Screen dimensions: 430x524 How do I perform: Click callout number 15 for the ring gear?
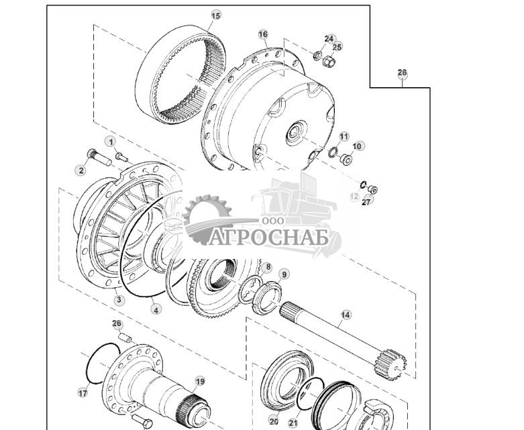click(215, 15)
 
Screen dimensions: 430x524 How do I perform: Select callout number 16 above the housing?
click(262, 34)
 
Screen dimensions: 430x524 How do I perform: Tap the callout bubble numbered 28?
click(402, 72)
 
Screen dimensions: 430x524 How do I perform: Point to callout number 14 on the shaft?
click(346, 314)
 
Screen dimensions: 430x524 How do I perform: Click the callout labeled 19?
click(199, 382)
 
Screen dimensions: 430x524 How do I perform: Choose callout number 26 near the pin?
click(117, 324)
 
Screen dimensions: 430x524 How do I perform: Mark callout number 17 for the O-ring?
click(83, 393)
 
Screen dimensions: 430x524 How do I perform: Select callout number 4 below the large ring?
click(156, 309)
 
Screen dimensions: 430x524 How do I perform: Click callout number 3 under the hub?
click(119, 300)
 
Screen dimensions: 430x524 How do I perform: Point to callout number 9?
click(284, 274)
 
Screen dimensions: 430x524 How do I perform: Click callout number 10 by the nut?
click(357, 146)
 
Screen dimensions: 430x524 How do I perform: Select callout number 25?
click(337, 47)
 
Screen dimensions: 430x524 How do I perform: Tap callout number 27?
click(366, 201)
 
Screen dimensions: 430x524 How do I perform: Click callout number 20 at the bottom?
click(273, 421)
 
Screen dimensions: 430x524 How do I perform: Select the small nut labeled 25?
click(329, 62)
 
